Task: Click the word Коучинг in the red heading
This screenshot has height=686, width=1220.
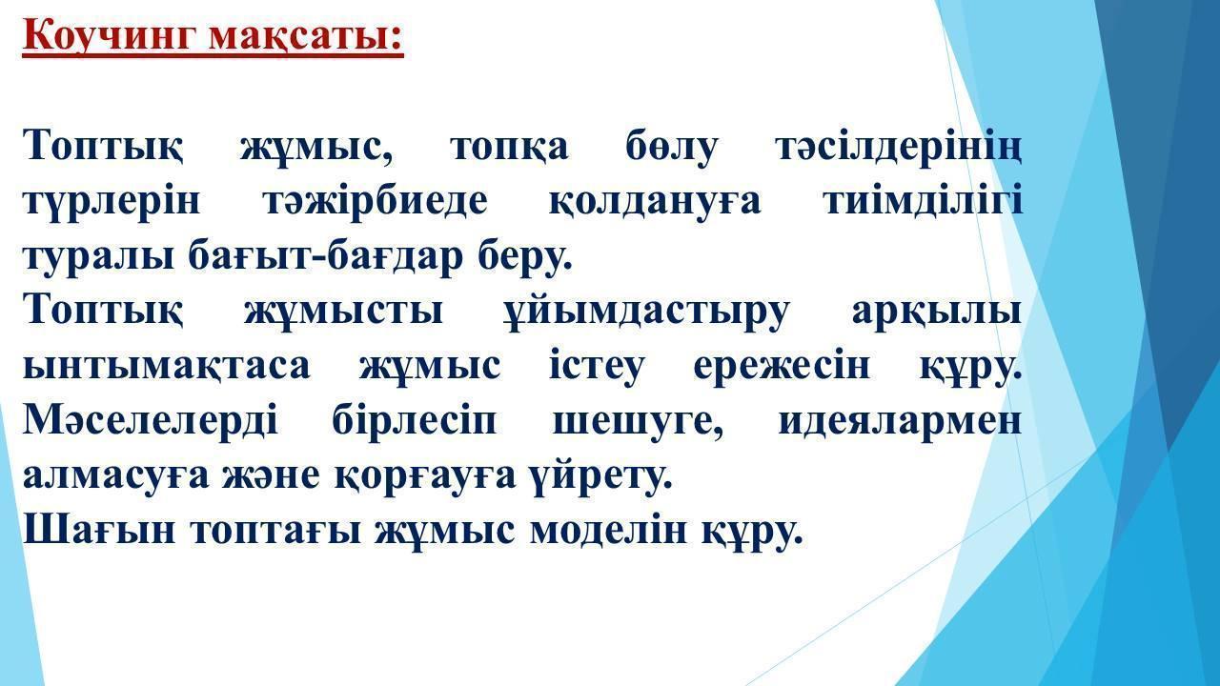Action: pyautogui.click(x=110, y=36)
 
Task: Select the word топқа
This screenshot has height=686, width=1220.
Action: pyautogui.click(x=509, y=148)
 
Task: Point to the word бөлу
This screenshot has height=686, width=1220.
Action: pyautogui.click(x=672, y=147)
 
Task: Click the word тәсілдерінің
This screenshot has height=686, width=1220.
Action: pyautogui.click(x=899, y=148)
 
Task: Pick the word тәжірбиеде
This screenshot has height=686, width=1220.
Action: pyautogui.click(x=376, y=201)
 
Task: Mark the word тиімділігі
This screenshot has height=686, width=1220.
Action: pyautogui.click(x=923, y=200)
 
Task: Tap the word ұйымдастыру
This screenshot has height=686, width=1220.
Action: pyautogui.click(x=646, y=313)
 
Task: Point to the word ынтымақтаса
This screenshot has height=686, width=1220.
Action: pyautogui.click(x=167, y=366)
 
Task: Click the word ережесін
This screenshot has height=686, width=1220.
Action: pyautogui.click(x=782, y=366)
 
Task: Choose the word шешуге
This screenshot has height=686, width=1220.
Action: pyautogui.click(x=638, y=422)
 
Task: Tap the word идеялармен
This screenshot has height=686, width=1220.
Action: pyautogui.click(x=899, y=420)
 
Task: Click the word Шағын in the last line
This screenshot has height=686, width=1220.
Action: pyautogui.click(x=99, y=529)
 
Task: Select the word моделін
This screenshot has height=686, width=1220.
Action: pyautogui.click(x=608, y=529)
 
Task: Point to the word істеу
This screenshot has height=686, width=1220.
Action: pyautogui.click(x=597, y=365)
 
